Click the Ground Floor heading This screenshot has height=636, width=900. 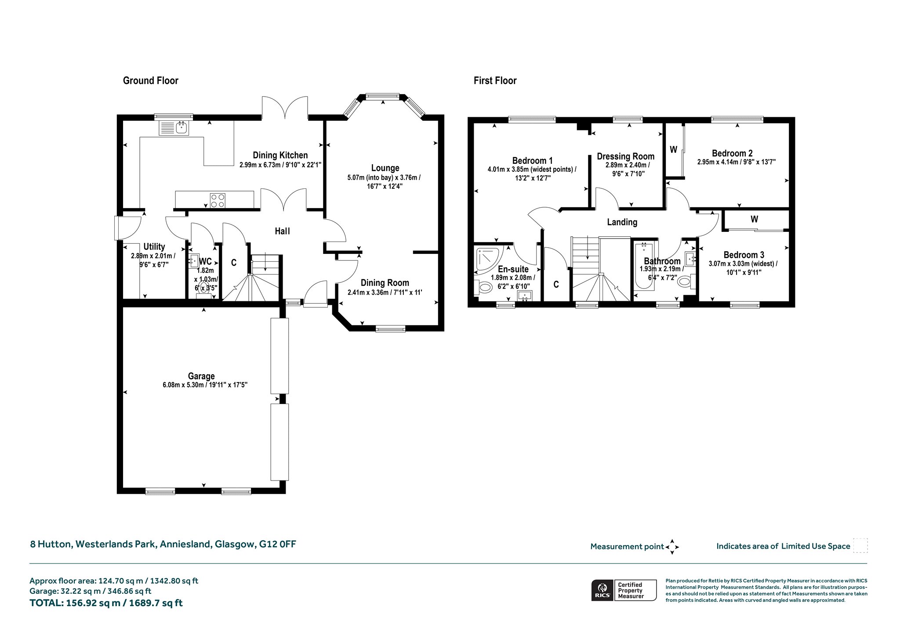(x=151, y=80)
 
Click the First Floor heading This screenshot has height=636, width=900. (x=495, y=80)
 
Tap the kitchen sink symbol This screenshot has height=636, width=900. (x=174, y=128)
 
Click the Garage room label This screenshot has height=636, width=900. (x=201, y=376)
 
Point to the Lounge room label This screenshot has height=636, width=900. (x=385, y=168)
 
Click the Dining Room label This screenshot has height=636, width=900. (x=385, y=283)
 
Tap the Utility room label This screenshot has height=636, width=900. (x=154, y=246)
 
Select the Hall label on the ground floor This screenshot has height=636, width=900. (x=282, y=231)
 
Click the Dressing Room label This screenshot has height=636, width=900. (x=625, y=156)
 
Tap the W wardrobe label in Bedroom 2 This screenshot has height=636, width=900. (x=673, y=150)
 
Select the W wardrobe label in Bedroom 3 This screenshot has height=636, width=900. (x=754, y=219)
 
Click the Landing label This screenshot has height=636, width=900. (x=622, y=222)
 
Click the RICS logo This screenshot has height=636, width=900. (x=602, y=590)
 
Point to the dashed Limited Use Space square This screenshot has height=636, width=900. (x=860, y=546)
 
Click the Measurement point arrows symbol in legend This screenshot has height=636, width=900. (x=672, y=547)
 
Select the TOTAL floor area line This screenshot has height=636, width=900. (x=106, y=603)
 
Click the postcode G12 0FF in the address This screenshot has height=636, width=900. (x=277, y=544)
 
